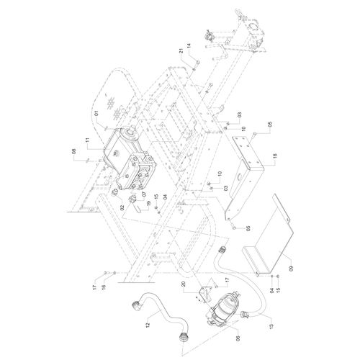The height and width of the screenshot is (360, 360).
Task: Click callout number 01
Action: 96,113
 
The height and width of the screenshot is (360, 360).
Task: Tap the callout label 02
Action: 122,207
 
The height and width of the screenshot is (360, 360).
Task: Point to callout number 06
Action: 238,338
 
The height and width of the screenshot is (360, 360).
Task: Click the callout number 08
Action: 74,152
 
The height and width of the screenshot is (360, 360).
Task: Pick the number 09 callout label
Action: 292,269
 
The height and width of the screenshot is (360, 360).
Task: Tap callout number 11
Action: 87,140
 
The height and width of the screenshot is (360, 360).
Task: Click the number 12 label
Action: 148,325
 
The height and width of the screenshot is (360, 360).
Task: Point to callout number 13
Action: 271,326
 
